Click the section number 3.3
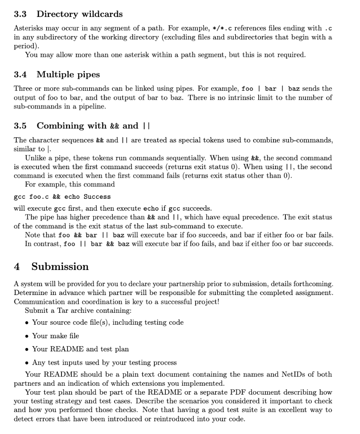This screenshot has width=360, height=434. pyautogui.click(x=20, y=14)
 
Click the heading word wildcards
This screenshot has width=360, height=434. pyautogui.click(x=100, y=14)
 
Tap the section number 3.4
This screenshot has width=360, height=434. pyautogui.click(x=20, y=75)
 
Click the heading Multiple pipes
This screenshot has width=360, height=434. pyautogui.click(x=68, y=75)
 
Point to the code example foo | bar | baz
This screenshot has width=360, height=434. pyautogui.click(x=271, y=89)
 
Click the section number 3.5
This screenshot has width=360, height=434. pyautogui.click(x=20, y=126)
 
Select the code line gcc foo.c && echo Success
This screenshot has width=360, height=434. pyautogui.click(x=62, y=197)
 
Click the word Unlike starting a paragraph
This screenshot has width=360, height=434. pyautogui.click(x=36, y=158)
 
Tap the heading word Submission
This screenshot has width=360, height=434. pyautogui.click(x=60, y=267)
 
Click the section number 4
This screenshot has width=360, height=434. pyautogui.click(x=17, y=267)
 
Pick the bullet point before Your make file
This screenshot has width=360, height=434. pyautogui.click(x=27, y=336)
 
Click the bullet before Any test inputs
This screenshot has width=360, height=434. pyautogui.click(x=27, y=363)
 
